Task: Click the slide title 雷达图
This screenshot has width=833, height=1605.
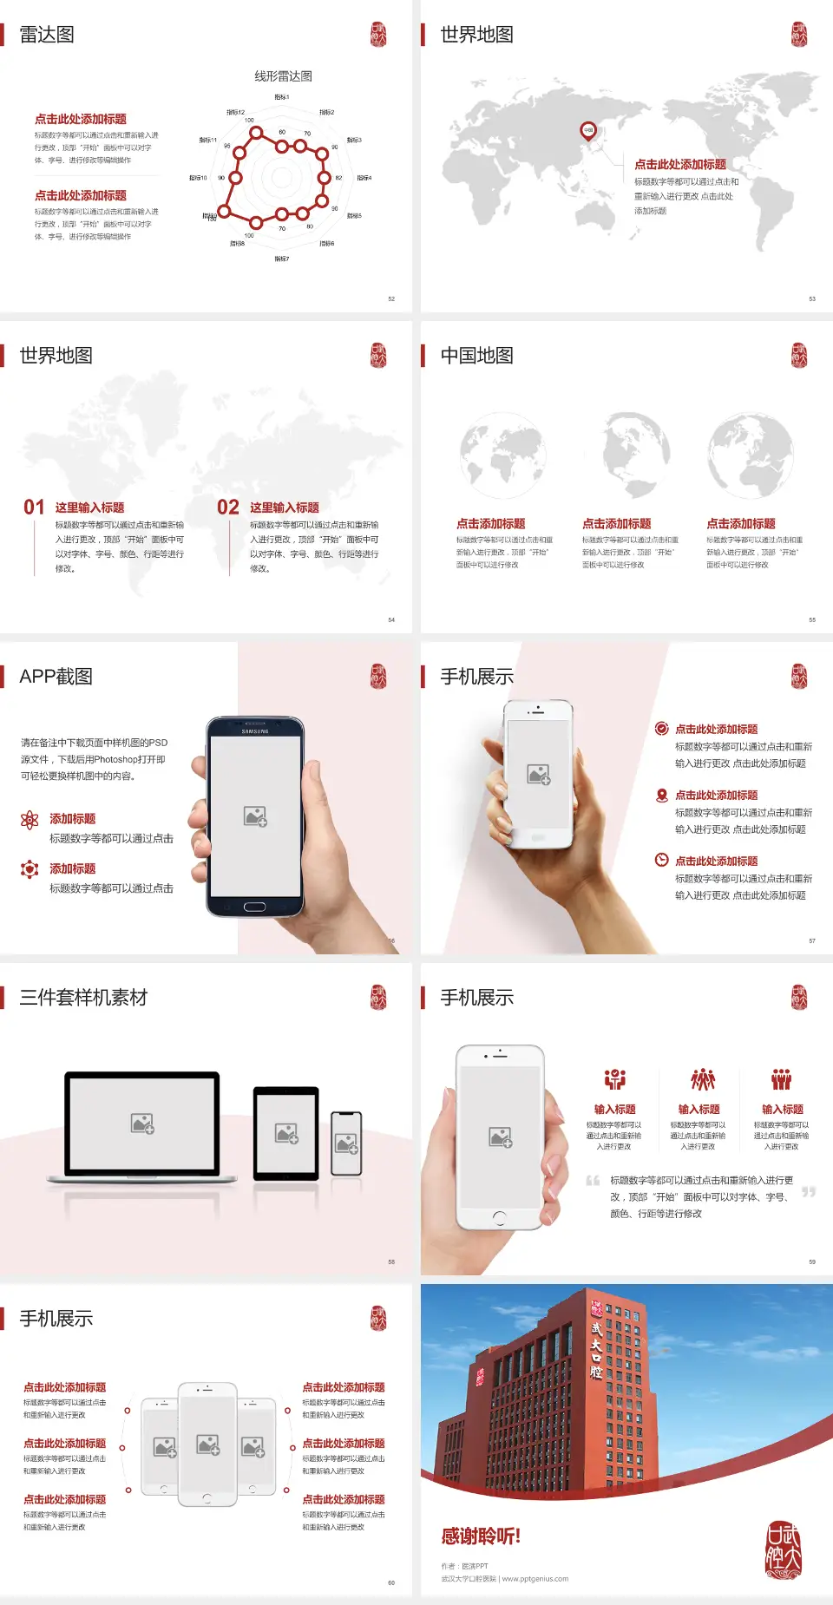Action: pyautogui.click(x=47, y=35)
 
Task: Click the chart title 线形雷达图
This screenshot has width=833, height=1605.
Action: pyautogui.click(x=283, y=76)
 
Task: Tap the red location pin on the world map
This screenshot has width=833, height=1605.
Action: pyautogui.click(x=588, y=130)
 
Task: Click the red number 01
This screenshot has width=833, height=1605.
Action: pyautogui.click(x=34, y=508)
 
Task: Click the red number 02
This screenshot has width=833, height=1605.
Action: pyautogui.click(x=228, y=508)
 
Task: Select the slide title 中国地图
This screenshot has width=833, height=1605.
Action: pyautogui.click(x=476, y=356)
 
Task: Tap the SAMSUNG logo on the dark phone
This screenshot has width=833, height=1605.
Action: pyautogui.click(x=255, y=731)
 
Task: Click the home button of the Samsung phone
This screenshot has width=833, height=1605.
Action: pyautogui.click(x=254, y=907)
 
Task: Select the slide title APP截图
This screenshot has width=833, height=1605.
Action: pyautogui.click(x=56, y=677)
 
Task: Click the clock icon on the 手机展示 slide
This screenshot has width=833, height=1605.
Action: pyautogui.click(x=661, y=860)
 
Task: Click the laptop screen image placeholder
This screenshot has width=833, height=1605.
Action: pyautogui.click(x=142, y=1123)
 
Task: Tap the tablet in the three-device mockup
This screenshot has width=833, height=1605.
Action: pyautogui.click(x=286, y=1132)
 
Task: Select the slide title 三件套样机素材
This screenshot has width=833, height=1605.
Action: pyautogui.click(x=83, y=998)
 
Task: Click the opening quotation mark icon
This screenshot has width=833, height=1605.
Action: pyautogui.click(x=593, y=1181)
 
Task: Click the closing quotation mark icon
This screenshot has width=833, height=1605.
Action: pyautogui.click(x=809, y=1192)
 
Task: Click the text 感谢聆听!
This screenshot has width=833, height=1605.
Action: pyautogui.click(x=481, y=1536)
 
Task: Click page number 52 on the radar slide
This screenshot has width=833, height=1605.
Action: pyautogui.click(x=391, y=299)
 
